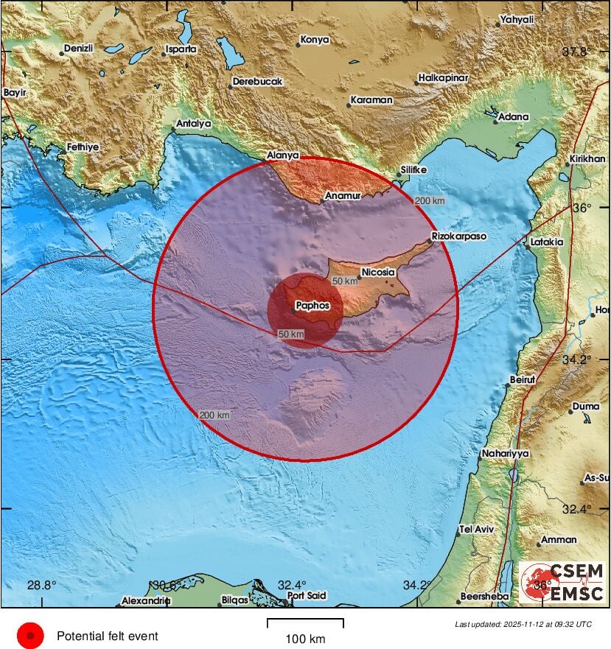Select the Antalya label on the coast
pyautogui.click(x=194, y=124)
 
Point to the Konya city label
pyautogui.click(x=316, y=41)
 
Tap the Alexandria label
pyautogui.click(x=146, y=600)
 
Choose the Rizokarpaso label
pyautogui.click(x=458, y=236)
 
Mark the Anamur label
pyautogui.click(x=343, y=197)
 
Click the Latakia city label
pyautogui.click(x=546, y=242)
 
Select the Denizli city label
pyautogui.click(x=79, y=49)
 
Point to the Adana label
pyautogui.click(x=514, y=116)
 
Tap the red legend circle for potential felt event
pyautogui.click(x=30, y=635)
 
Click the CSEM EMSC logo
pyautogui.click(x=562, y=582)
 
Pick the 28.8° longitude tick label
pyautogui.click(x=41, y=586)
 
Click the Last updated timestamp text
pyautogui.click(x=523, y=624)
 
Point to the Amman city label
pyautogui.click(x=559, y=540)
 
